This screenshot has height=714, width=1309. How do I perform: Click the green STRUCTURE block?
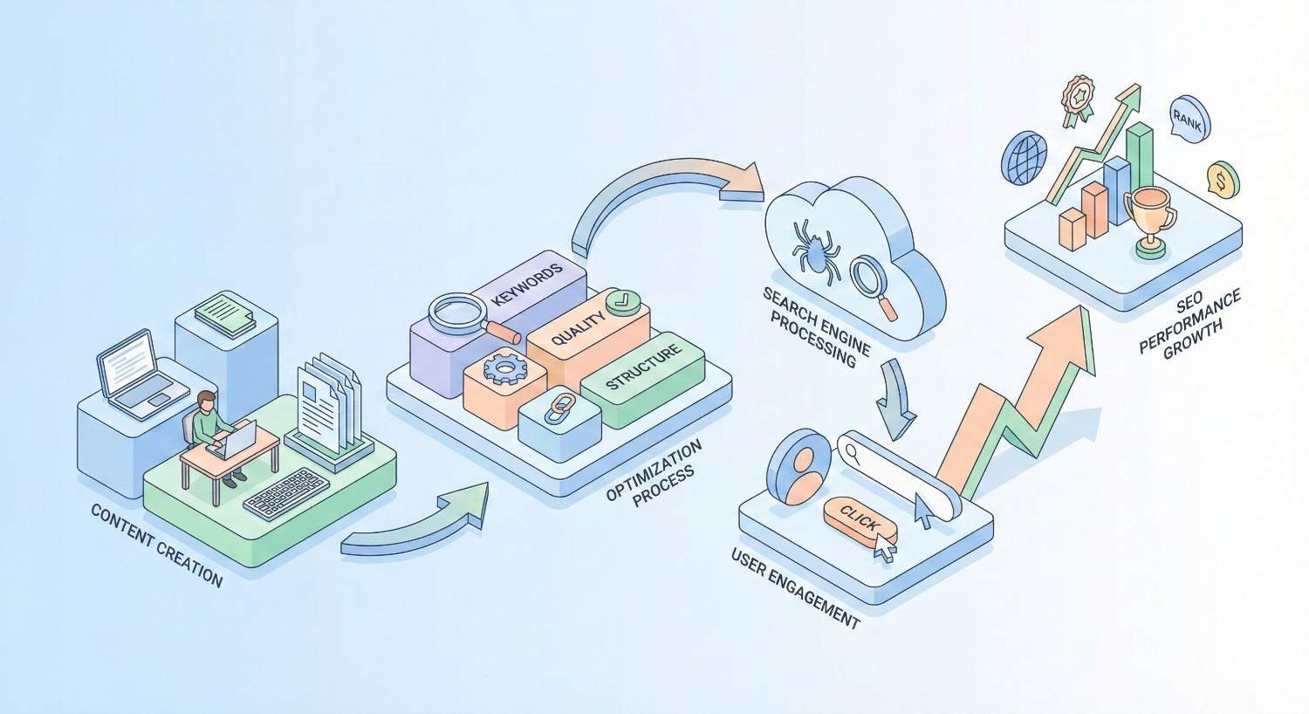click(642, 369)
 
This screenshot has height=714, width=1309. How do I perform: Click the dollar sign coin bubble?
click(1223, 180)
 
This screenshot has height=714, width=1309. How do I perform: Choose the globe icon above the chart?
click(1025, 158)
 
